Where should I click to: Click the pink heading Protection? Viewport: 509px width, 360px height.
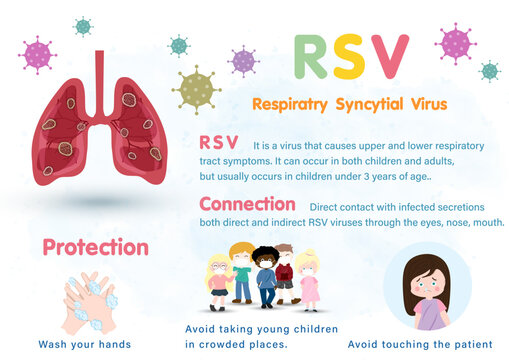95,246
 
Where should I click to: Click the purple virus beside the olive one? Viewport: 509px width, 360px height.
243,61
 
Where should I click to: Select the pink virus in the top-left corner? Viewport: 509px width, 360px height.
39,53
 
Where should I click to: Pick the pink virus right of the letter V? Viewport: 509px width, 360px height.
455,42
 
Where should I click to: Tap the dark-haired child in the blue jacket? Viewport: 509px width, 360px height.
265,276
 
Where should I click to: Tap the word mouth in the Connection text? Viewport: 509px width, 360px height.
484,222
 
